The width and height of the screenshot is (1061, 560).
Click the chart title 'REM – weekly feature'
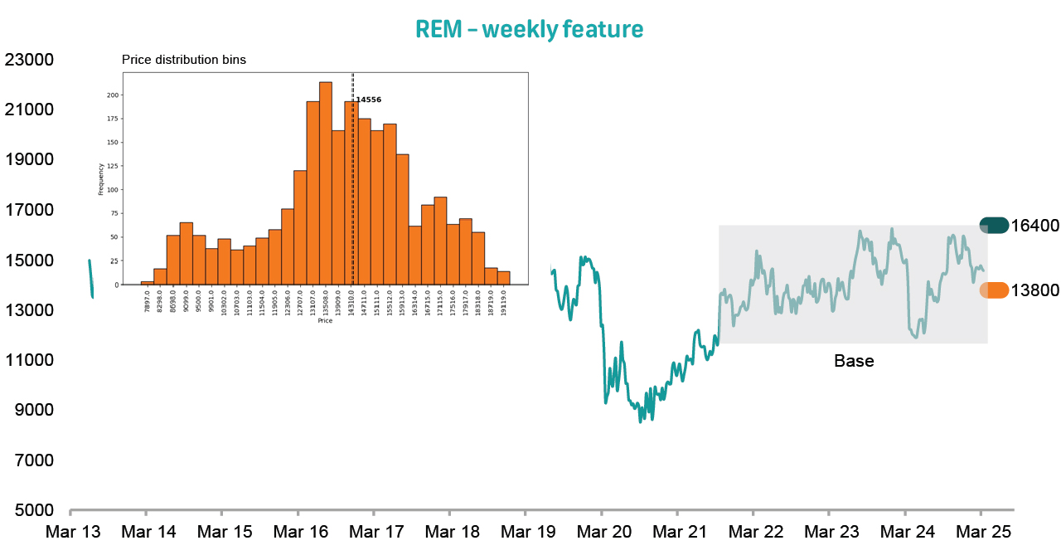point(529,29)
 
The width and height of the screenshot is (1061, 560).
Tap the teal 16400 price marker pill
point(994,226)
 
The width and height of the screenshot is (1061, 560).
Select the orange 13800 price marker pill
point(994,290)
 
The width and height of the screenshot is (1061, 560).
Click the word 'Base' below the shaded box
point(854,362)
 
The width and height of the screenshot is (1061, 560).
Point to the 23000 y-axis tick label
point(29,60)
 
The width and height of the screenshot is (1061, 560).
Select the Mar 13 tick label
point(73,532)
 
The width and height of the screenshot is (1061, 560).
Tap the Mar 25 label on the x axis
point(982,532)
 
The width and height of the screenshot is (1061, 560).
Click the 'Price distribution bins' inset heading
point(184,60)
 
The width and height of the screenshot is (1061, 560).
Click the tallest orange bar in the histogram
point(326,183)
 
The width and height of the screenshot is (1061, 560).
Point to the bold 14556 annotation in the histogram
point(368,100)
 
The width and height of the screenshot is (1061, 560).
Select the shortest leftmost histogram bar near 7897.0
point(148,283)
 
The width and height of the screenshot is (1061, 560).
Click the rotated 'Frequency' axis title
point(101,178)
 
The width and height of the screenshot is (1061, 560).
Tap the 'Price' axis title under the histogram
point(325,320)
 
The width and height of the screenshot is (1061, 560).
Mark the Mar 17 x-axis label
point(374,532)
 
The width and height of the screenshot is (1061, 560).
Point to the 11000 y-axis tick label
point(29,360)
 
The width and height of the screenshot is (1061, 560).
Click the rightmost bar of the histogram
point(504,278)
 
